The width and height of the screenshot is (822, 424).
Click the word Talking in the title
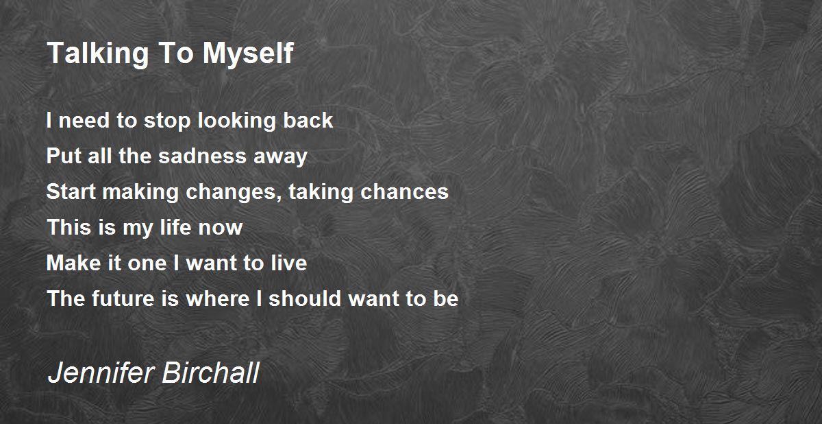click(98, 54)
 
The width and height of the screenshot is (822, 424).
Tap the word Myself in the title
click(248, 54)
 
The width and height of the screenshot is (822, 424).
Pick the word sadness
click(202, 156)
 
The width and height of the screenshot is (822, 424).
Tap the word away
click(280, 157)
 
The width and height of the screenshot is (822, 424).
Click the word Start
click(71, 191)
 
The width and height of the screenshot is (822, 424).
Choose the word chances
click(404, 191)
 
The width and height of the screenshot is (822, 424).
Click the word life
click(175, 227)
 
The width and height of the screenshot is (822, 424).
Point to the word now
click(220, 229)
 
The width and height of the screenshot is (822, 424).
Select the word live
click(289, 263)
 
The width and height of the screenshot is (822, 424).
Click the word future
click(123, 298)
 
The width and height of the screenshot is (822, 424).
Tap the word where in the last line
click(218, 298)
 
